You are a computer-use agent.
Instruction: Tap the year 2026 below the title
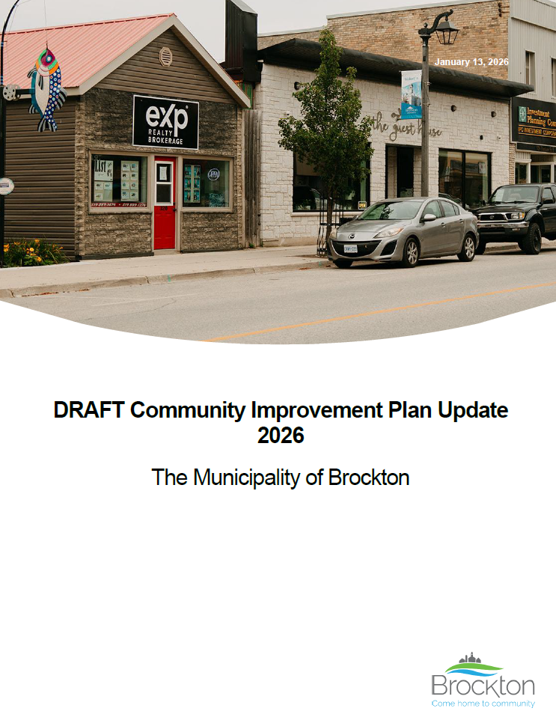(281, 435)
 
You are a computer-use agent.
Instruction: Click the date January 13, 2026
(471, 62)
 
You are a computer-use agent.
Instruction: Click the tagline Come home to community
(483, 704)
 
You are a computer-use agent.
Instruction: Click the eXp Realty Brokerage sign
(165, 122)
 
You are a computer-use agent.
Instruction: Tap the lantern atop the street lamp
(447, 31)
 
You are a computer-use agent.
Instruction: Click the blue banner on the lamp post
(411, 95)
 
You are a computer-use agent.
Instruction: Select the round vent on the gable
(166, 56)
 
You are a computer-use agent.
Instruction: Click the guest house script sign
(408, 126)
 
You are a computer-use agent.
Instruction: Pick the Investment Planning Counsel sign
(534, 119)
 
